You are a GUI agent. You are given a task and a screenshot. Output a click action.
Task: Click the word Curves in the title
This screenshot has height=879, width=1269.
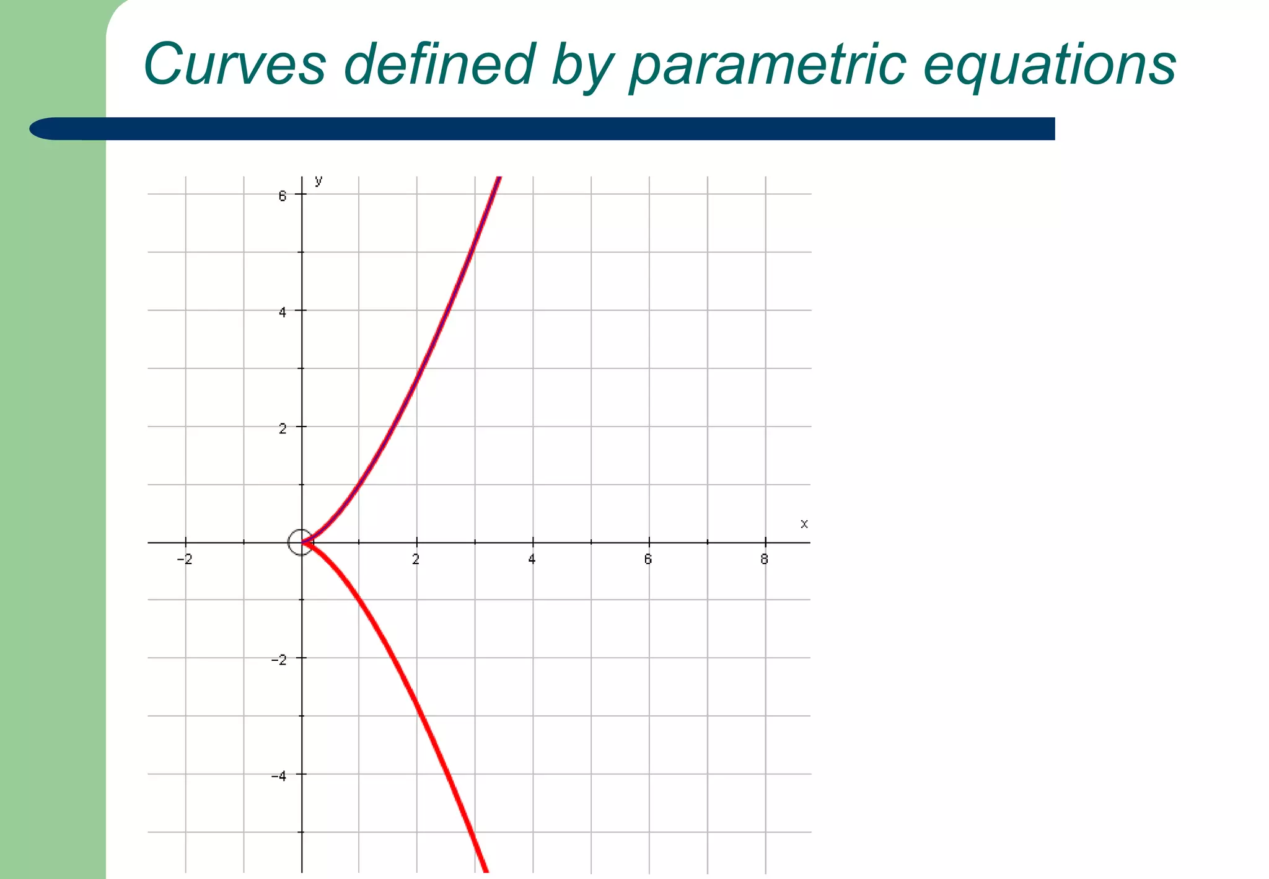click(234, 64)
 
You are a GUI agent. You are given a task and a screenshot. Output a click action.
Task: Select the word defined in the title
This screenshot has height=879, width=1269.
click(439, 64)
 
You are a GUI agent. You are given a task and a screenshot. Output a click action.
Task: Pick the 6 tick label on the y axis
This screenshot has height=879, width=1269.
click(283, 196)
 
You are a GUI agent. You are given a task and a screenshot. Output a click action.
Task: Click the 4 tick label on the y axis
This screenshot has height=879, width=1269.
click(283, 312)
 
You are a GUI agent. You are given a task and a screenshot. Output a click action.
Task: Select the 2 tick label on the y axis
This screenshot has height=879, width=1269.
click(283, 428)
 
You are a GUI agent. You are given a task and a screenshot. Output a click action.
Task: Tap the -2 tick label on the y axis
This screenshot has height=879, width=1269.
click(279, 660)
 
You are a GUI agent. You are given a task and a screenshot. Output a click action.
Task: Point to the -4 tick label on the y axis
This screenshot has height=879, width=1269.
click(279, 775)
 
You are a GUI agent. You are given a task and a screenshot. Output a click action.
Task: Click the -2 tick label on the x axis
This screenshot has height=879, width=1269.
click(185, 559)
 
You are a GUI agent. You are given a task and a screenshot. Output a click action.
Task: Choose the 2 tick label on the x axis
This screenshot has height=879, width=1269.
click(416, 559)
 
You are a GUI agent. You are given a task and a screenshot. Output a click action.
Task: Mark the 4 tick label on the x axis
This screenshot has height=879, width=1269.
click(532, 559)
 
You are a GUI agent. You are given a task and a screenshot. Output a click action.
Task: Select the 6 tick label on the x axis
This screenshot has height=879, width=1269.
click(648, 559)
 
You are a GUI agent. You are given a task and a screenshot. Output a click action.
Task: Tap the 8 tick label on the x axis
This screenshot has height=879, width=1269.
click(764, 559)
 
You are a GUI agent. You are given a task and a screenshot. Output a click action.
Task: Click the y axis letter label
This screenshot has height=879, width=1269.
click(318, 180)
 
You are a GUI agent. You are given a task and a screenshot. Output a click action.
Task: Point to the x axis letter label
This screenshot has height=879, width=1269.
click(804, 524)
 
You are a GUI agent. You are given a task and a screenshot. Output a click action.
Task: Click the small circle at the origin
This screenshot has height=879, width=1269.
click(301, 542)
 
